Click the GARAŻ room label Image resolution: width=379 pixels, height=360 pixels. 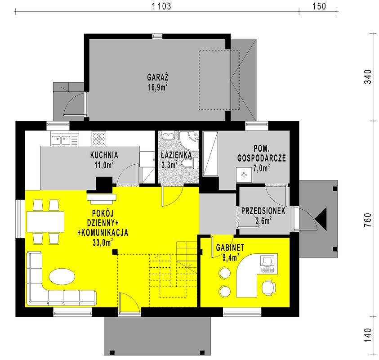158,77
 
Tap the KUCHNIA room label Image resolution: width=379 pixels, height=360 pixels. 104,155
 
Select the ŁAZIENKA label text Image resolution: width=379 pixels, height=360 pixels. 176,155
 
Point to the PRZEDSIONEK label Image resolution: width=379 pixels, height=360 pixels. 263,211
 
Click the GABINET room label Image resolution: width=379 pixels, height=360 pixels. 230,247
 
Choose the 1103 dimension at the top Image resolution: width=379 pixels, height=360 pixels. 161,6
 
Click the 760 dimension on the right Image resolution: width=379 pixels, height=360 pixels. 368,220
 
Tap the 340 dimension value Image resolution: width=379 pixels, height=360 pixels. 368,76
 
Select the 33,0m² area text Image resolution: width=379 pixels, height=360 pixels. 103,242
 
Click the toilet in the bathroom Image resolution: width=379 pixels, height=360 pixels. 189,162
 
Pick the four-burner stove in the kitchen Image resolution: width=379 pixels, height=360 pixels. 99,138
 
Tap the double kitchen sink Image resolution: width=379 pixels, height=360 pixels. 61,140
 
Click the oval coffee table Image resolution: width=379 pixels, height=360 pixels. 62,277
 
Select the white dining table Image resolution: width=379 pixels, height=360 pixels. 45,221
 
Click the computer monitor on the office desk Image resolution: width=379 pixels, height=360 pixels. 267,261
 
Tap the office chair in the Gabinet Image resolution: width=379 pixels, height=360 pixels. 268,288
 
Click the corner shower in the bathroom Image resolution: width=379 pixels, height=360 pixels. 189,140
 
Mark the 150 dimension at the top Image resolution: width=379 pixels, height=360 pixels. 319,6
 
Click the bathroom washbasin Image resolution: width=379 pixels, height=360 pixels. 168,136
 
